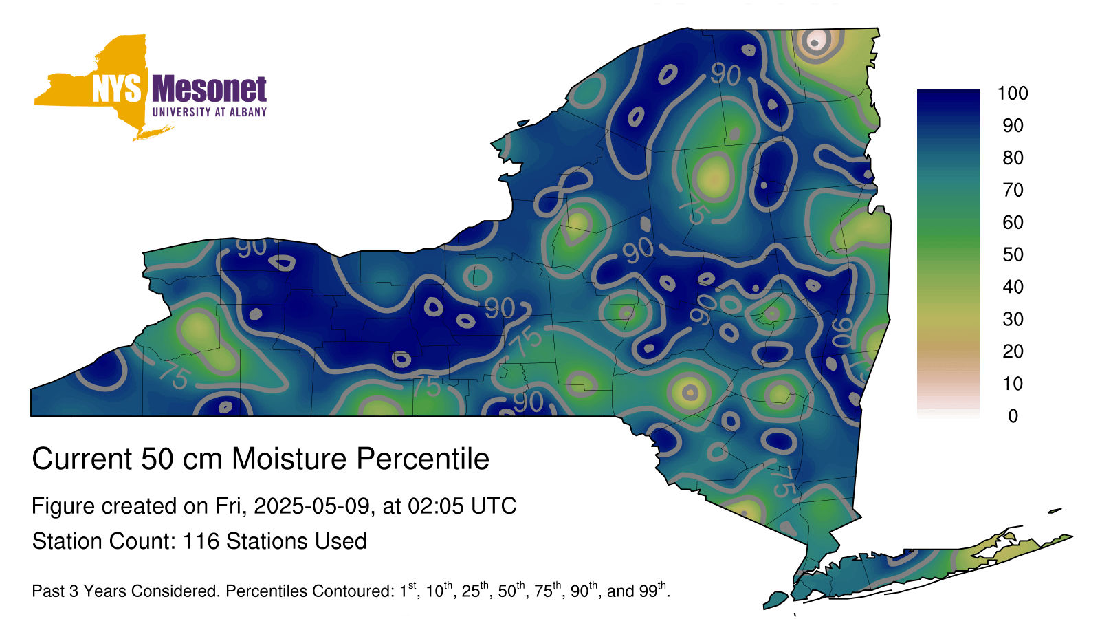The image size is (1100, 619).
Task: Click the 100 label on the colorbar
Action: pos(1013,94)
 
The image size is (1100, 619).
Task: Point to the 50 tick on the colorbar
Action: pos(1013,254)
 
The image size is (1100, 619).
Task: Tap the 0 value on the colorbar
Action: pos(1013,416)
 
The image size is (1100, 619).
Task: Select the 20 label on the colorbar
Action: pos(1013,351)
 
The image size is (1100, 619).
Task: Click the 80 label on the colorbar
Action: pos(1013,158)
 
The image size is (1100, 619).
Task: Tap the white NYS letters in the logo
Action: pos(116,89)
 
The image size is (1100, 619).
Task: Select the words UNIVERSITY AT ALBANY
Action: pos(210,112)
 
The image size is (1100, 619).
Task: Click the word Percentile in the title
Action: pos(423,459)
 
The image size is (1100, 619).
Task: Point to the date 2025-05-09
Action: pos(311,506)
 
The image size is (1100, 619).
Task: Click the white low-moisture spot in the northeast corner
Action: pos(815,41)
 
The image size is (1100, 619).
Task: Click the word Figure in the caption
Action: pos(63,506)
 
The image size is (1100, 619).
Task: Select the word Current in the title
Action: pos(82,459)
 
